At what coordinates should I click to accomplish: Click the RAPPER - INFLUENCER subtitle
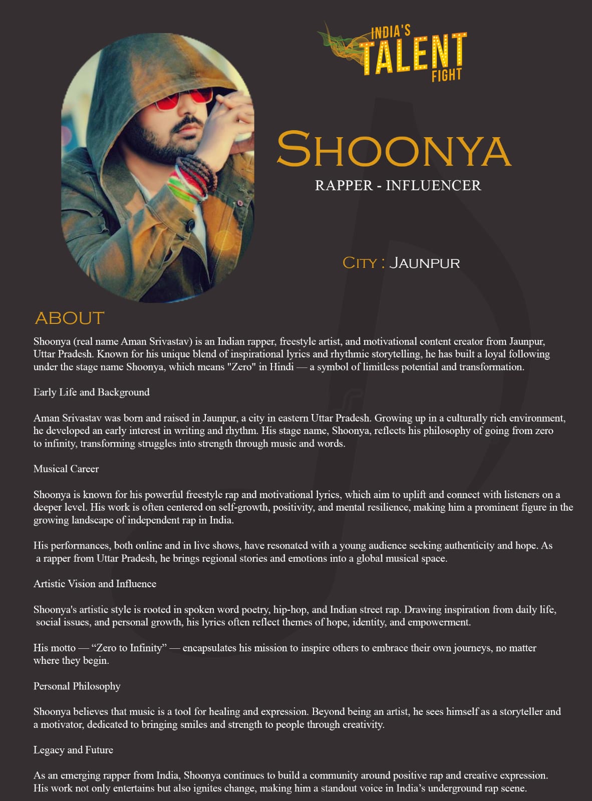(x=398, y=185)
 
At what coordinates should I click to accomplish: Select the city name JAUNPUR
(x=424, y=263)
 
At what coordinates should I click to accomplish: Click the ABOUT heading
(x=70, y=318)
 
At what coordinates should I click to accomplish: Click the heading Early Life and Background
(x=91, y=392)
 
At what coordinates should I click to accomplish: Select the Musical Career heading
(x=66, y=469)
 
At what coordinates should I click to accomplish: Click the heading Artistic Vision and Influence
(x=95, y=584)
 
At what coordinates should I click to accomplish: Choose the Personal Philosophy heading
(x=77, y=686)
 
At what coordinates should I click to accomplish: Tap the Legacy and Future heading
(x=73, y=750)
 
